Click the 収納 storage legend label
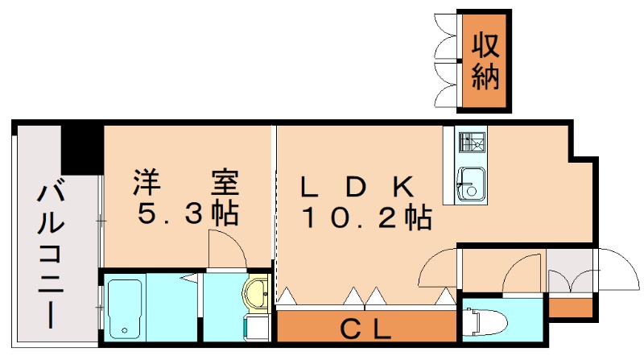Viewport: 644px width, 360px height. [485, 61]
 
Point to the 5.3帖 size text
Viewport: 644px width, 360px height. [186, 213]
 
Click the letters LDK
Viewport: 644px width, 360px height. [357, 187]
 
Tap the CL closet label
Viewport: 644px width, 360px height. [365, 329]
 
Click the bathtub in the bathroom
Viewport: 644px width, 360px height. [125, 308]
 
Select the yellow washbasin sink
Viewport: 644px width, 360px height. [258, 292]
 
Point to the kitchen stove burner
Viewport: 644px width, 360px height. [469, 143]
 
